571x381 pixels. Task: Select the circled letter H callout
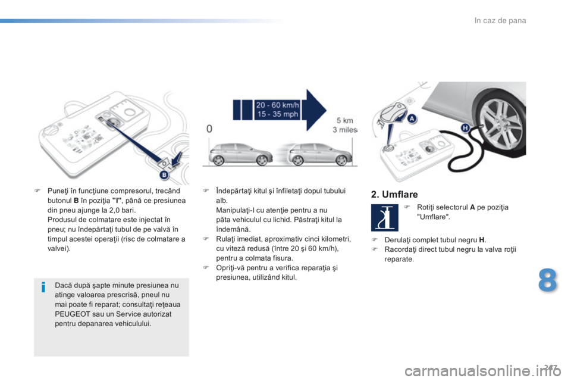pyautogui.click(x=466, y=127)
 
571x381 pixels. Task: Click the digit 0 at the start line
pyautogui.click(x=209, y=128)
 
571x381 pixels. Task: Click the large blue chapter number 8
pyautogui.click(x=547, y=282)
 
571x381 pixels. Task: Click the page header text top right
pyautogui.click(x=500, y=21)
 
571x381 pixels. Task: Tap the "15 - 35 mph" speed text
pyautogui.click(x=278, y=115)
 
